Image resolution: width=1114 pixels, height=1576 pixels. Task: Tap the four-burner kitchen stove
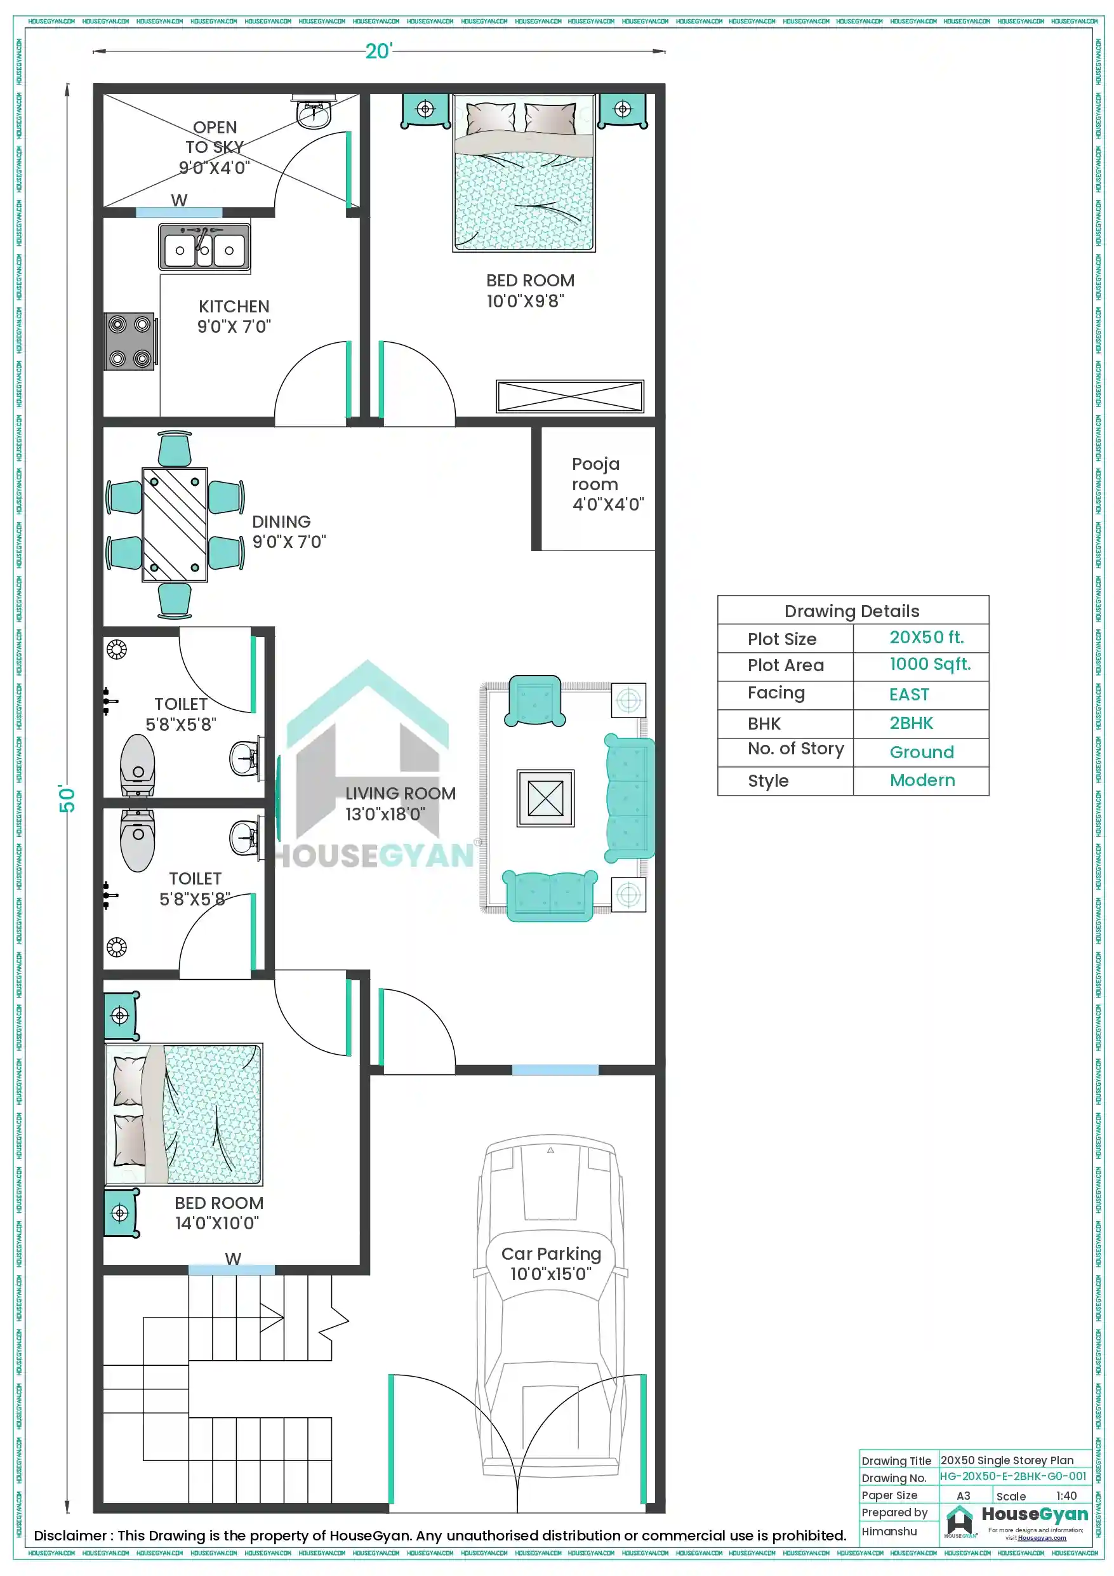[x=129, y=341]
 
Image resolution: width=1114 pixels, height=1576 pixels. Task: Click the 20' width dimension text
[x=378, y=51]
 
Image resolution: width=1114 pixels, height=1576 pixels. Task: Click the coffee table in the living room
[x=545, y=798]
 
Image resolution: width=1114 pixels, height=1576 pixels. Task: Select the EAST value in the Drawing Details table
[x=909, y=695]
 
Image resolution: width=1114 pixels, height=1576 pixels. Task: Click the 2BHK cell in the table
[x=911, y=723]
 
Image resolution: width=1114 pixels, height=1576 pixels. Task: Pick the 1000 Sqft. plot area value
[x=929, y=664]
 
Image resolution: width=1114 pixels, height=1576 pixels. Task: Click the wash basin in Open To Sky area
[x=314, y=113]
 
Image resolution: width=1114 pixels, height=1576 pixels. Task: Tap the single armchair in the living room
[x=534, y=701]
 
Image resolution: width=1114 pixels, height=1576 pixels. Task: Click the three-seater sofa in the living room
[x=628, y=798]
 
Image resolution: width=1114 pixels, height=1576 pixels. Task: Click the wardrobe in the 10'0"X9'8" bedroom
[x=570, y=396]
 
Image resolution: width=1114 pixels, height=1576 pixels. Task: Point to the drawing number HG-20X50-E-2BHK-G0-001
[x=1012, y=1476]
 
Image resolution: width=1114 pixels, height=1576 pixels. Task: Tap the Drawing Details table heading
[x=852, y=611]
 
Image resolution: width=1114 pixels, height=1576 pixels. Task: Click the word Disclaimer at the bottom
[x=70, y=1535]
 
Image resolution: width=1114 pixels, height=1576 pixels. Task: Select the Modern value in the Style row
[x=922, y=780]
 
